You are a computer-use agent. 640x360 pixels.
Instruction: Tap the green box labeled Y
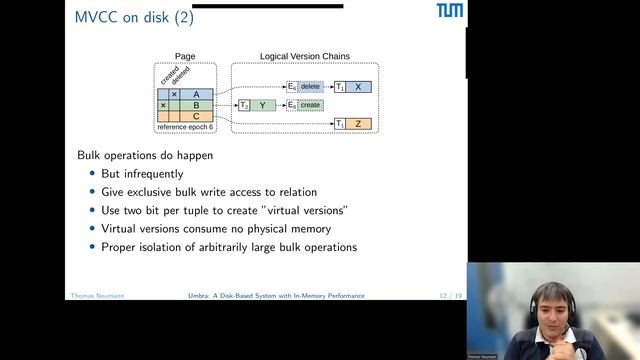point(262,105)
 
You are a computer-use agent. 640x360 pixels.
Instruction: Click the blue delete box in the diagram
point(310,87)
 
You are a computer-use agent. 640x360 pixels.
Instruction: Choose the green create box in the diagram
point(310,105)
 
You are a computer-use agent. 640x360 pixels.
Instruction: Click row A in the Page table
point(196,94)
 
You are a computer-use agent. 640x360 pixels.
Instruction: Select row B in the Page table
point(196,105)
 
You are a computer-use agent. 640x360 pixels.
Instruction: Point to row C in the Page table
point(196,116)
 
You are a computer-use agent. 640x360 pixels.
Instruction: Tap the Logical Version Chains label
point(305,57)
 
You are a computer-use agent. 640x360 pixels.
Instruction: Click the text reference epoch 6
point(186,127)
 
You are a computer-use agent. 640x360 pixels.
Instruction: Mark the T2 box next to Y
point(243,105)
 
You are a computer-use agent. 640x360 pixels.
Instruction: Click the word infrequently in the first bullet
point(155,174)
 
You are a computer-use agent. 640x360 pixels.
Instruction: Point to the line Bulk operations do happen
point(145,155)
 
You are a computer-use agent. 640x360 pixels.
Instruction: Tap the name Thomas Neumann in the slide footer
point(98,296)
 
